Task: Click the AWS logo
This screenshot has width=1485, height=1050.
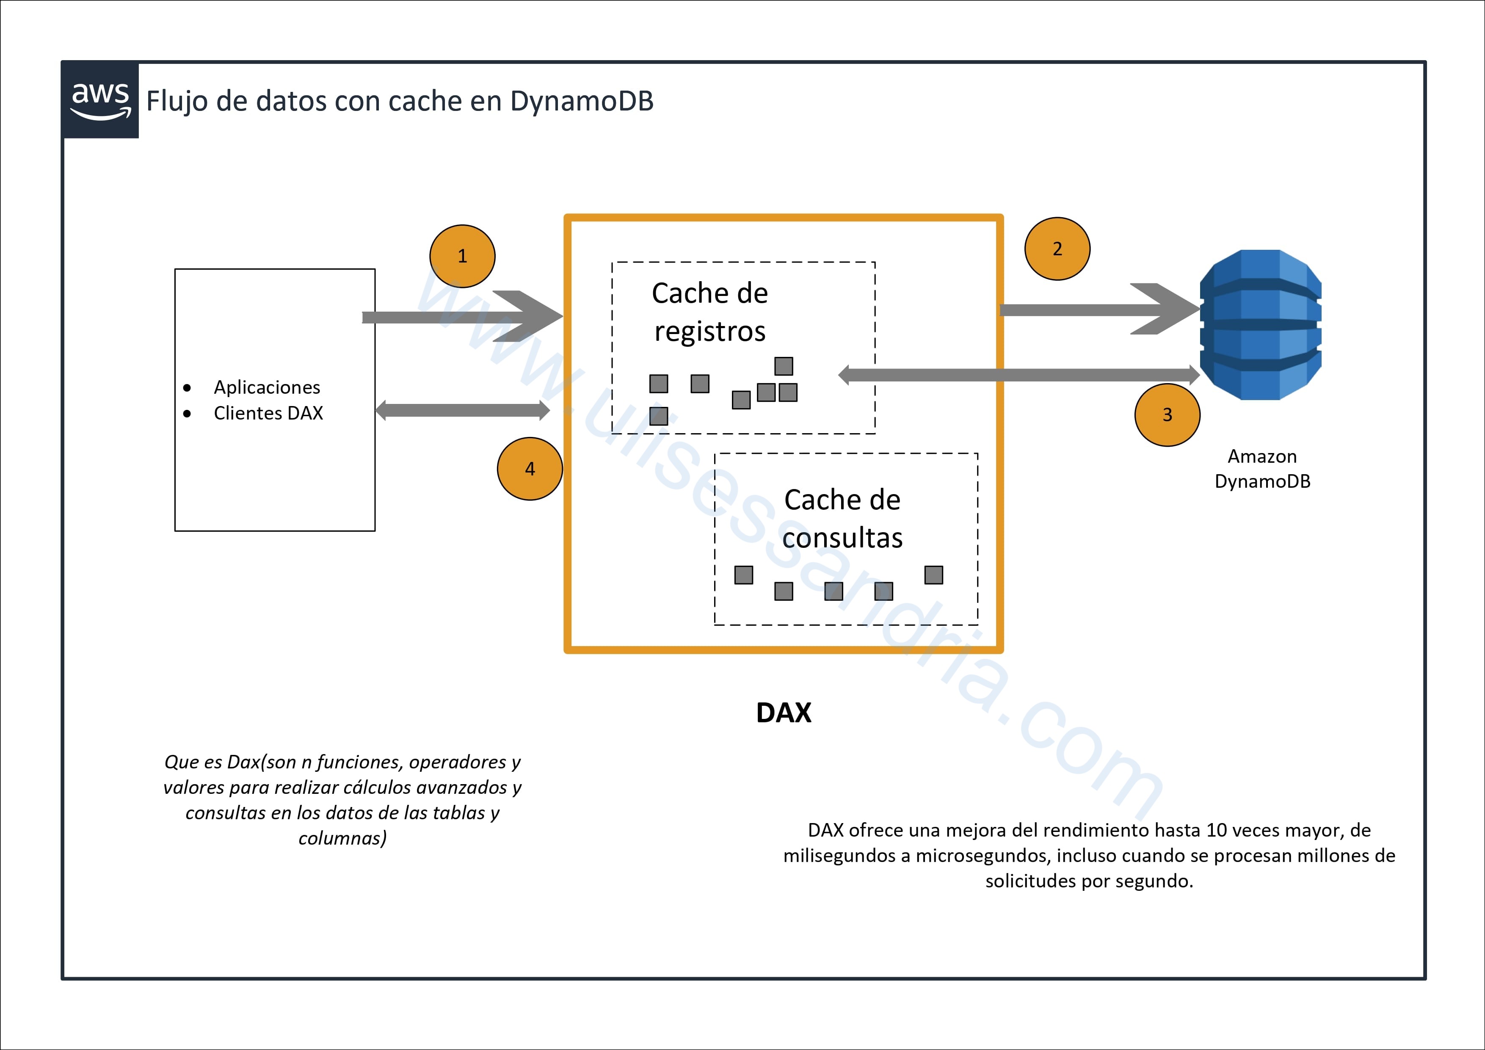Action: click(x=100, y=100)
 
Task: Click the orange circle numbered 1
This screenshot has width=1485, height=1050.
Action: click(x=462, y=256)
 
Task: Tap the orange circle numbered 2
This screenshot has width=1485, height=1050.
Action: click(x=1057, y=249)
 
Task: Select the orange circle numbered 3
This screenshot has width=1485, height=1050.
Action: click(x=1168, y=414)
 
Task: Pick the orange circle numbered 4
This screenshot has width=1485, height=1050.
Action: click(x=530, y=469)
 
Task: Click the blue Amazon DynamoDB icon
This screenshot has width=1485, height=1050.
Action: click(x=1261, y=325)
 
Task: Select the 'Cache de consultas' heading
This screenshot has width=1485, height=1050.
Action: click(x=842, y=518)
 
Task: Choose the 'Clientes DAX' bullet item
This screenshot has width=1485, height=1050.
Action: click(x=268, y=413)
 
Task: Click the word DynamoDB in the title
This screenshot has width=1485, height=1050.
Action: click(x=582, y=101)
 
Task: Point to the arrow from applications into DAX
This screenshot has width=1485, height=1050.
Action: click(x=462, y=316)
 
